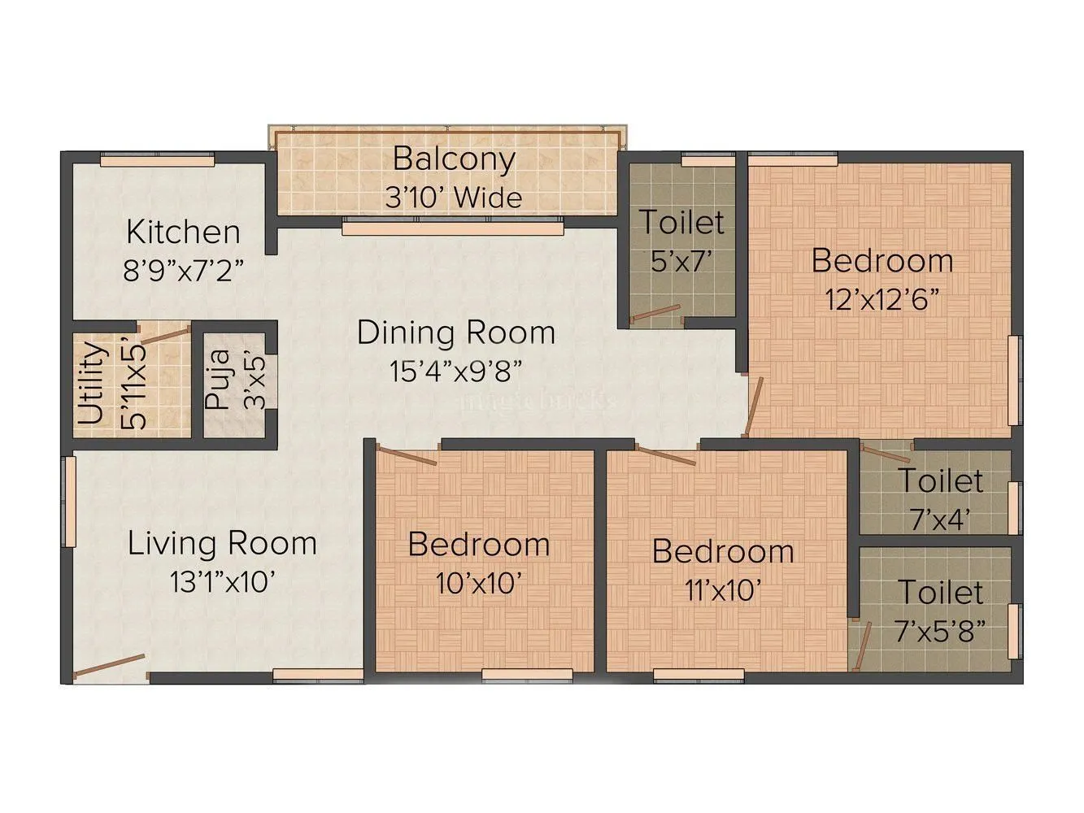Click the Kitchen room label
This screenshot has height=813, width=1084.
click(x=183, y=233)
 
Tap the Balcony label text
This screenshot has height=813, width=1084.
click(x=453, y=159)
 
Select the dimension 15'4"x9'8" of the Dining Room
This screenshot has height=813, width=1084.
click(x=455, y=372)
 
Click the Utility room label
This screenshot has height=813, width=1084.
click(x=92, y=384)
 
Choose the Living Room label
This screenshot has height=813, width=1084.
click(x=221, y=543)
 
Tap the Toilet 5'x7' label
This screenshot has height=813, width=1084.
click(x=681, y=222)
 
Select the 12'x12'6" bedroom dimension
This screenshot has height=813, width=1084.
click(x=882, y=300)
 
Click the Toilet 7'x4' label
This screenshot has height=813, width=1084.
click(x=940, y=480)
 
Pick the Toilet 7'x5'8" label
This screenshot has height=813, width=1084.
click(x=940, y=593)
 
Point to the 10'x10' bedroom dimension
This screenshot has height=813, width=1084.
click(x=478, y=583)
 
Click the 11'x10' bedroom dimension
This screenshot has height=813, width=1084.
click(x=722, y=590)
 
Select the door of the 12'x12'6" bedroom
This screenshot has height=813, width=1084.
click(x=755, y=407)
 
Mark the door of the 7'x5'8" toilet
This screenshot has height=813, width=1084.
click(x=860, y=646)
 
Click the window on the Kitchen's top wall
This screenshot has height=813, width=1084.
click(x=157, y=161)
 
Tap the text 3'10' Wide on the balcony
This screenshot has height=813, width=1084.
click(x=453, y=198)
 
